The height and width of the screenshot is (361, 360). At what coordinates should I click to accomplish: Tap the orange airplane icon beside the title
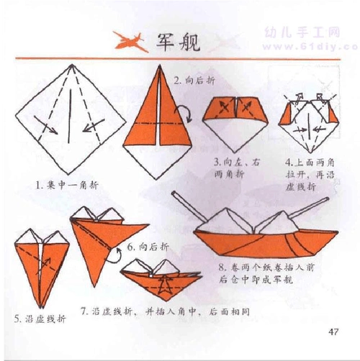125,40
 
